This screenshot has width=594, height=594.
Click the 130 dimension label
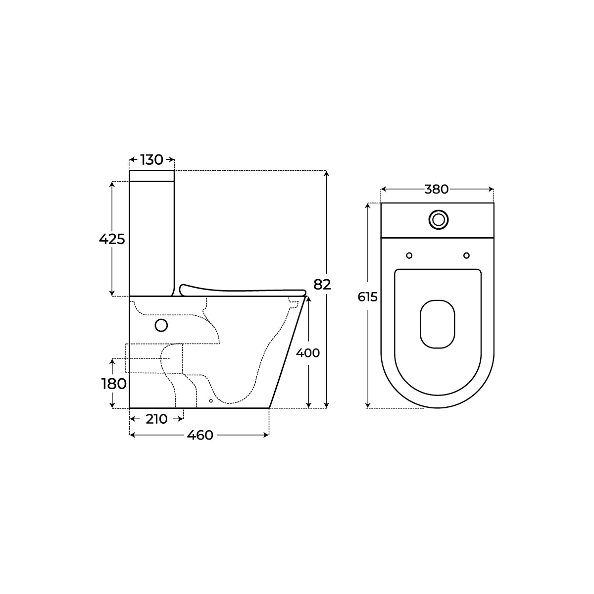(x=151, y=160)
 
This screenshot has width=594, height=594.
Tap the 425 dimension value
(x=112, y=239)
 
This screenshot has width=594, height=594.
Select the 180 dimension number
(x=114, y=384)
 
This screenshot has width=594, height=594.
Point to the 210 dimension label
(x=156, y=419)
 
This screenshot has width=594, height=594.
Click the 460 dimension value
(x=200, y=435)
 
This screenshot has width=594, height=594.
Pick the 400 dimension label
(x=308, y=353)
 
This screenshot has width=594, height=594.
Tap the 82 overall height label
(x=322, y=284)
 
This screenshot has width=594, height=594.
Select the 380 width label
(x=437, y=189)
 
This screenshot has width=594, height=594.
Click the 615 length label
(x=367, y=297)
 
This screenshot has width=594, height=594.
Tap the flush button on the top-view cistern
(x=439, y=220)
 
